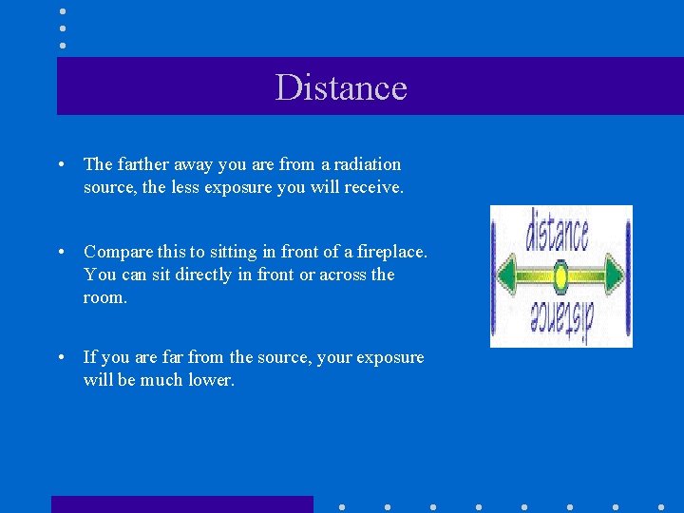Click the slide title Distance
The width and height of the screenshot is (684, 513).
coord(341,87)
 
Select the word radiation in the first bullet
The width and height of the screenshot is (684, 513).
coord(367,164)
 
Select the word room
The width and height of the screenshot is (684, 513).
coord(104,297)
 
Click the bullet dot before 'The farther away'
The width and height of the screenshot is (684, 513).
coord(61,165)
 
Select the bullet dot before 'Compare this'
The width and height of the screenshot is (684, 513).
coord(61,253)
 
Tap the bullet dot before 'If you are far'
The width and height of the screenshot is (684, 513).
coord(61,358)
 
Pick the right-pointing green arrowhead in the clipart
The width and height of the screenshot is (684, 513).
coord(615,276)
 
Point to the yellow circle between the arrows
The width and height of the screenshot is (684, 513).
coord(560,276)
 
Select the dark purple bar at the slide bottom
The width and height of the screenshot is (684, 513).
coord(181,504)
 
